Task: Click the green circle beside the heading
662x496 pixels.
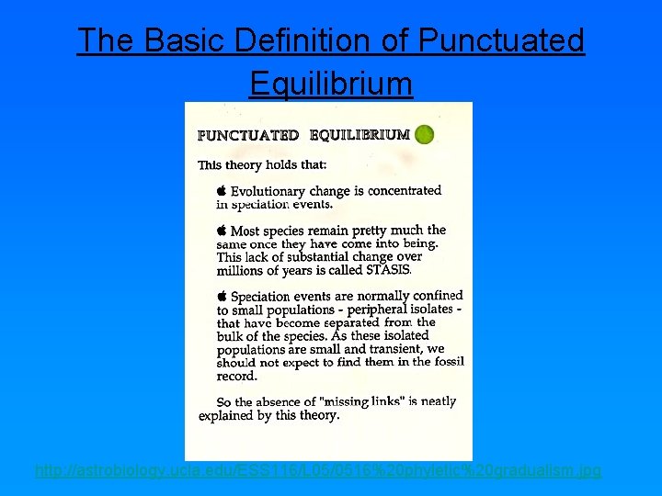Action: pos(424,135)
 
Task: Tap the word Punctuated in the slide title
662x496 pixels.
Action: pos(501,40)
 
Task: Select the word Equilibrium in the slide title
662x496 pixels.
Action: pos(331,84)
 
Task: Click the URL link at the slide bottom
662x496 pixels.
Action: pos(318,470)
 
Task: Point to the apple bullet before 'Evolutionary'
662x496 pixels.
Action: pos(222,190)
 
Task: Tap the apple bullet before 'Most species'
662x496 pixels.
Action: pos(222,230)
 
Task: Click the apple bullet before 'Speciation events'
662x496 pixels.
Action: pos(222,296)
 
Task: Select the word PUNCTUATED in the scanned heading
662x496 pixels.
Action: pos(248,135)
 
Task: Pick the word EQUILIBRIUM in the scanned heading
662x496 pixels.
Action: pos(360,135)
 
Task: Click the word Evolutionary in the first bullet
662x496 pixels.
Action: pos(268,192)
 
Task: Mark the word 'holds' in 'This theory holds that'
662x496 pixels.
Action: pos(282,165)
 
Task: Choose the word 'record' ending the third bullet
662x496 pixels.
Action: pos(236,376)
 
